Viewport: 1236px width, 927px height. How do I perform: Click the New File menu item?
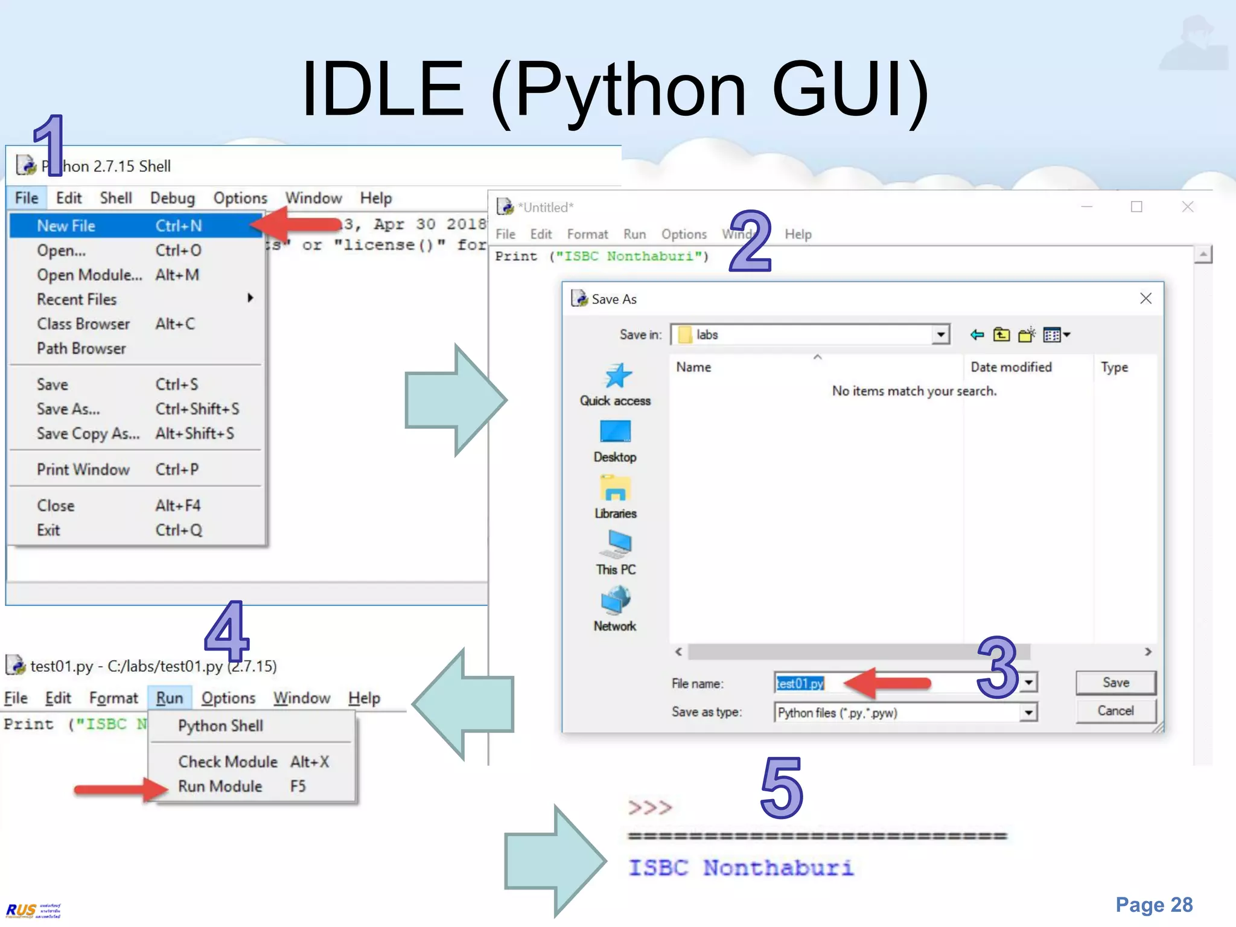click(x=66, y=226)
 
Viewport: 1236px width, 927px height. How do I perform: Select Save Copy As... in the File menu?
click(x=88, y=433)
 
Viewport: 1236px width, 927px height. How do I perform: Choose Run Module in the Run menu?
click(x=220, y=786)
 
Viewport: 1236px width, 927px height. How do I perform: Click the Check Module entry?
click(x=228, y=762)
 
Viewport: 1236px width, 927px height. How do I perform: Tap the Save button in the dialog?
click(x=1115, y=683)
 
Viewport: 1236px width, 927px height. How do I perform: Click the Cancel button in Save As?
click(x=1115, y=711)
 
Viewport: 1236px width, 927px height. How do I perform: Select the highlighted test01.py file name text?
click(x=800, y=683)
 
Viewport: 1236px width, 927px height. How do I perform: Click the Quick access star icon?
click(x=617, y=376)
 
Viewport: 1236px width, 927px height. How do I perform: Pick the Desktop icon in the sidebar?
click(x=615, y=432)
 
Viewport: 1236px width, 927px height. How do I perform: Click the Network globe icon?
click(x=615, y=600)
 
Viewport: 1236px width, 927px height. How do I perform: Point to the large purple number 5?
click(x=782, y=788)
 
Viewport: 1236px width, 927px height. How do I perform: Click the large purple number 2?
click(x=750, y=241)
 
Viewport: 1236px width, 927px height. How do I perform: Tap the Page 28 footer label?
click(x=1153, y=905)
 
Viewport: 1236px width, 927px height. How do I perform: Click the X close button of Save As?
click(x=1145, y=298)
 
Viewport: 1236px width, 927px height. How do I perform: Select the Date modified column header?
click(x=1011, y=367)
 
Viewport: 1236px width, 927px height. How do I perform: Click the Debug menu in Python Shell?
click(x=173, y=198)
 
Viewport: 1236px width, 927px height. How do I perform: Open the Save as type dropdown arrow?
click(x=1028, y=713)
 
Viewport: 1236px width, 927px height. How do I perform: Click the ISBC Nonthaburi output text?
click(x=741, y=868)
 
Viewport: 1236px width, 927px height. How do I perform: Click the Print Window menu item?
click(x=83, y=470)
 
